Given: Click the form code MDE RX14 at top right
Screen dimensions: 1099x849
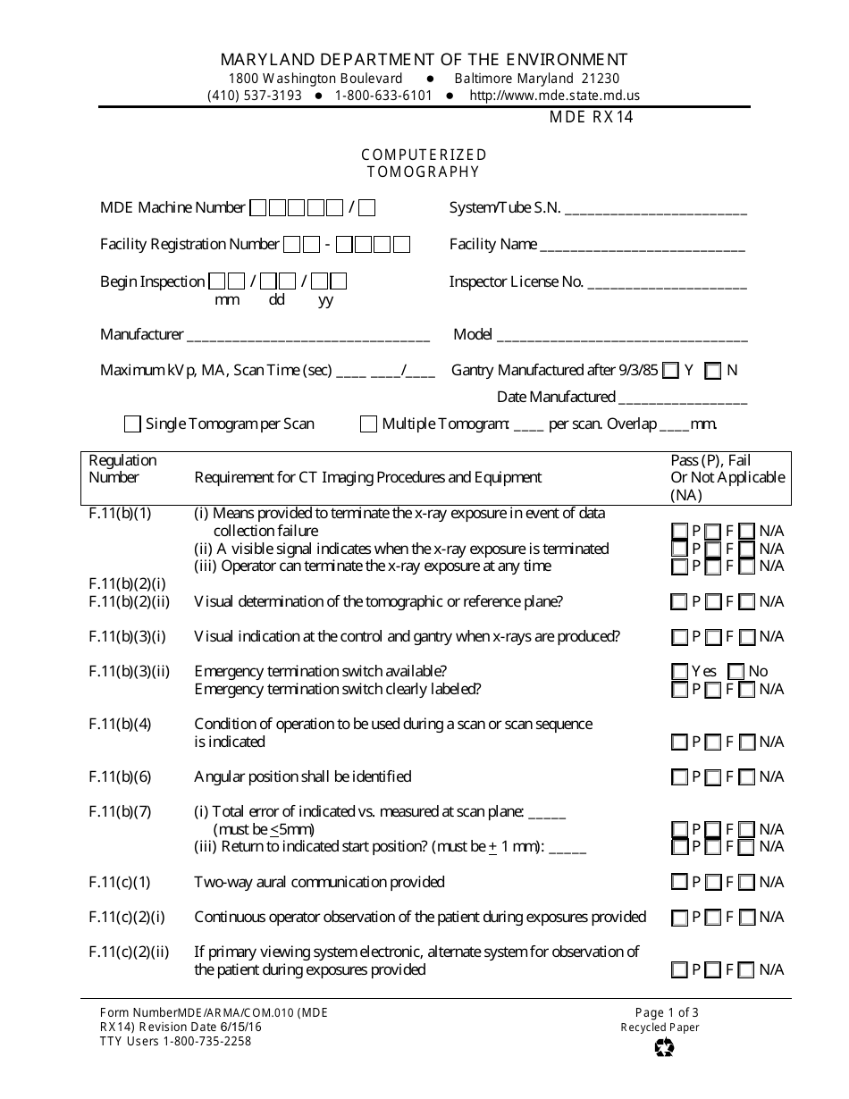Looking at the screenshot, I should tap(592, 117).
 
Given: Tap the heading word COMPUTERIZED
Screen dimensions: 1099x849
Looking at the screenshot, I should tap(424, 155).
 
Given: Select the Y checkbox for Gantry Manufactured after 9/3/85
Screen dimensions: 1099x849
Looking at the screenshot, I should tap(670, 371).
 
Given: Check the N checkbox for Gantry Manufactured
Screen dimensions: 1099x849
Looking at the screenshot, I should tap(712, 371).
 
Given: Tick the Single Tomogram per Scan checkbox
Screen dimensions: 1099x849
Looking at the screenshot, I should tap(132, 424).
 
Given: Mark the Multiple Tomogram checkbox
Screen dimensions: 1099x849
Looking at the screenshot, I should tap(368, 424).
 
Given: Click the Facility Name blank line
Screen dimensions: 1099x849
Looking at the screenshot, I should tap(642, 247).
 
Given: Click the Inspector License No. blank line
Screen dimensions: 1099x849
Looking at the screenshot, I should tap(667, 284).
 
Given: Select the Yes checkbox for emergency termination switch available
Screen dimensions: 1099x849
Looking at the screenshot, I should tap(679, 671).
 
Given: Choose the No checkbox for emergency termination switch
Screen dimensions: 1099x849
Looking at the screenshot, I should tap(736, 671).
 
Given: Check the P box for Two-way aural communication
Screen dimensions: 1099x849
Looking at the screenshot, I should tap(679, 883).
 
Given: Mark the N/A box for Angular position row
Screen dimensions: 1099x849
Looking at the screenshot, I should tap(746, 777).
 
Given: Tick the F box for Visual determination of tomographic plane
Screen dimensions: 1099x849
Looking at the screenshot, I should tap(712, 602).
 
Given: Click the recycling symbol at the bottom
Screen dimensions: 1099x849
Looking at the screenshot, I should tap(664, 1046).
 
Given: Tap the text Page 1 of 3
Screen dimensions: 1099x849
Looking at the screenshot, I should tap(667, 1012).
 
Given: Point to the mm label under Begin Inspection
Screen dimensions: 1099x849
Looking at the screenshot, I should tap(227, 300).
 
